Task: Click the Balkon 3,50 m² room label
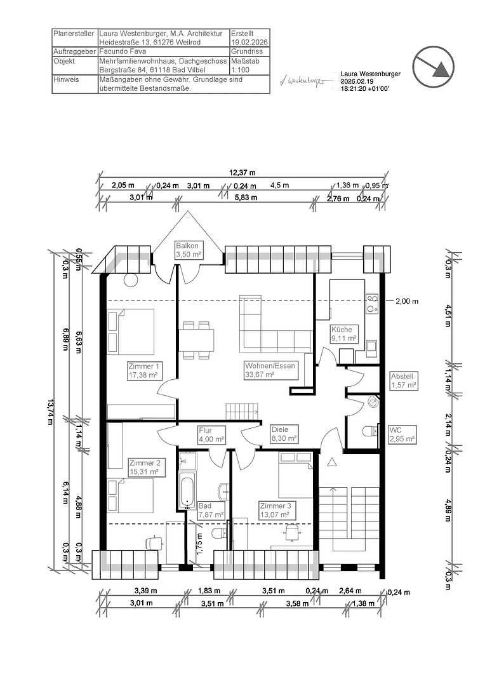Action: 188,250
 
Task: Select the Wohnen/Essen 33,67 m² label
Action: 270,370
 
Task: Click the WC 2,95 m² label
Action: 402,434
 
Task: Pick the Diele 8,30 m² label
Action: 283,434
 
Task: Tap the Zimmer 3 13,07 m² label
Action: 275,510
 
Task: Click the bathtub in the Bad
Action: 187,490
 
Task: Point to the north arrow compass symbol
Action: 435,64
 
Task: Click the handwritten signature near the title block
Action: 302,81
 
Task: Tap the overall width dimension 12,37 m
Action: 242,172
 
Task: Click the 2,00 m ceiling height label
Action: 407,300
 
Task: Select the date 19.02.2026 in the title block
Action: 249,42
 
